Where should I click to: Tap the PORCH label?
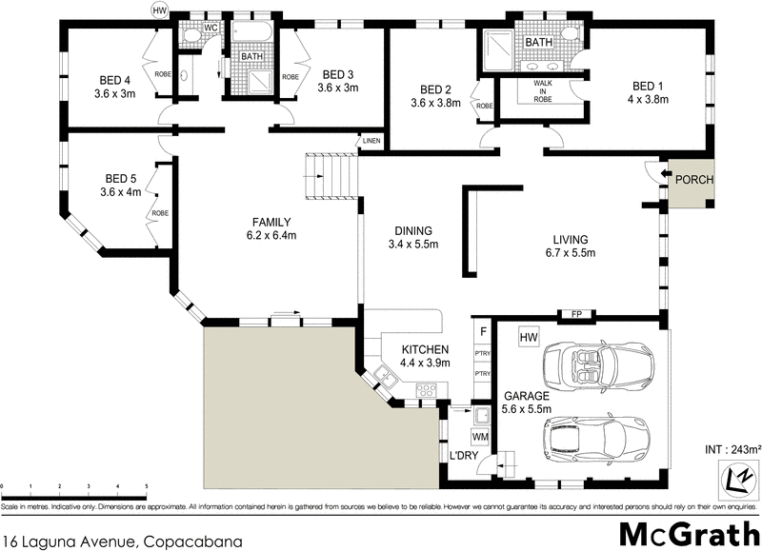click(693, 180)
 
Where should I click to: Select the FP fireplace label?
click(575, 314)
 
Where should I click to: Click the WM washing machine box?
click(481, 437)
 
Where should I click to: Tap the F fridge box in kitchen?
click(483, 332)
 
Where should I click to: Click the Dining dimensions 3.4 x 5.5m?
click(411, 246)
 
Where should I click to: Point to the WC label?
click(211, 28)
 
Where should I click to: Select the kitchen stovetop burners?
click(425, 388)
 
